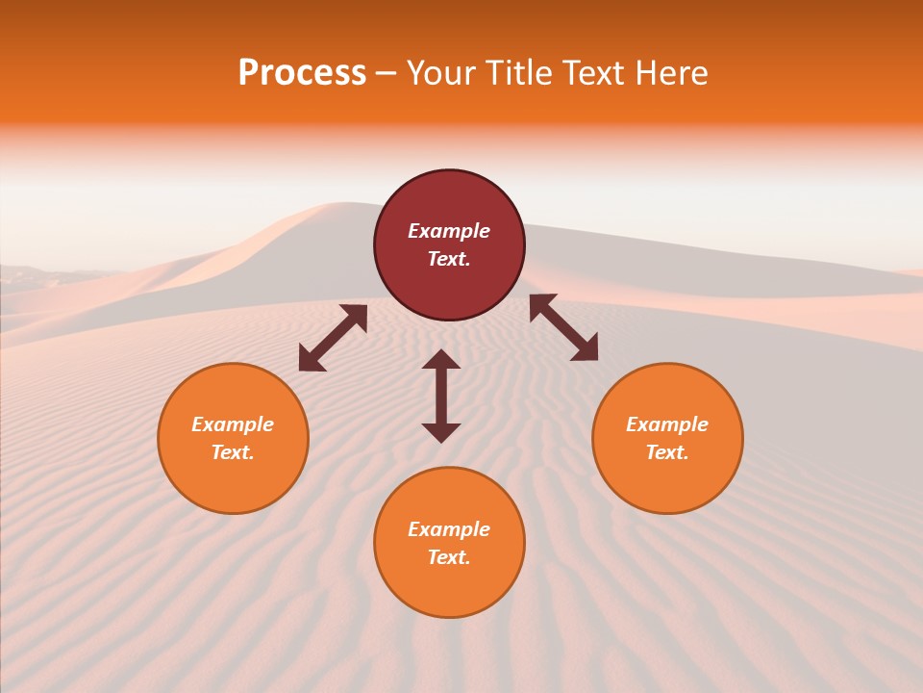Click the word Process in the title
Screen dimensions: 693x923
coord(302,73)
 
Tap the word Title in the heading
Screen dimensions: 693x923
coord(520,73)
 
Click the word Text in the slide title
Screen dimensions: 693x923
coord(596,73)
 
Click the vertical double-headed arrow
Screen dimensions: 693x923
coord(441,396)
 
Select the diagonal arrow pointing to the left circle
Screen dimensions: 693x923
coord(333,338)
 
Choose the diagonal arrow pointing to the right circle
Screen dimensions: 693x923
coord(563,327)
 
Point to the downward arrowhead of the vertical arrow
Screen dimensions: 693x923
coord(441,432)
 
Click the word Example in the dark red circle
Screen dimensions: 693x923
coord(449,231)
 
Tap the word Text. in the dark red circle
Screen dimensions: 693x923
coord(449,259)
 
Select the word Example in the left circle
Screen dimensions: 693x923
coord(233,424)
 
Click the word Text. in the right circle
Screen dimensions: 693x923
coord(667,452)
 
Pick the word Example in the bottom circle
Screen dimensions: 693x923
coord(449,529)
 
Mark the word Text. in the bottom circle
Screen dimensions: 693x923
coord(449,557)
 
